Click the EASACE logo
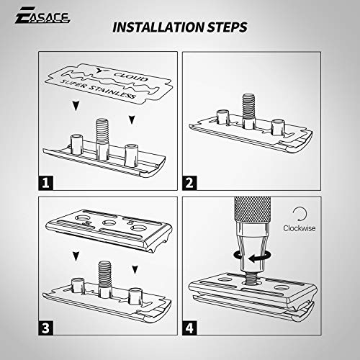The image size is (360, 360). [42, 16]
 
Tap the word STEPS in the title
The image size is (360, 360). [228, 27]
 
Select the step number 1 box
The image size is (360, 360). [45, 183]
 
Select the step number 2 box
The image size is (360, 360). [189, 183]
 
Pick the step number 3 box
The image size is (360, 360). [45, 328]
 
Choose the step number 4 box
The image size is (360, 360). [189, 328]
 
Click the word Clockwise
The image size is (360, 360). [300, 228]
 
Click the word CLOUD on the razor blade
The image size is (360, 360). [130, 76]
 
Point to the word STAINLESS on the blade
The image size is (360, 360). [112, 91]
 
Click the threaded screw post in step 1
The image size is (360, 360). [102, 131]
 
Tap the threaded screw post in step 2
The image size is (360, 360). [248, 106]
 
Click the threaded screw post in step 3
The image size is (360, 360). [105, 274]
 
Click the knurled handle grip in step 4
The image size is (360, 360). [252, 210]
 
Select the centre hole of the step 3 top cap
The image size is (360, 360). [109, 222]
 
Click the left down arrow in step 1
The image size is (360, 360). [76, 106]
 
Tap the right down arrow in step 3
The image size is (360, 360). [135, 269]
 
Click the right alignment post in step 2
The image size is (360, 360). [278, 128]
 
